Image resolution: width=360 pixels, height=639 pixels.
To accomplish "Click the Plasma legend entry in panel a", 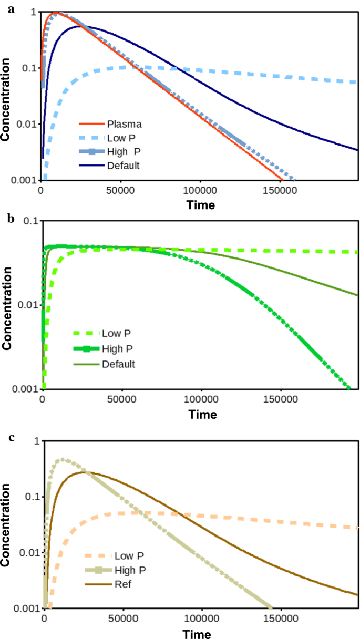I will (x=125, y=125).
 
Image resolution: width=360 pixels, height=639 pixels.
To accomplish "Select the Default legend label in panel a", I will (x=124, y=166).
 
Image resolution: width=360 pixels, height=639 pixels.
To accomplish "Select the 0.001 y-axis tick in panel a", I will (x=26, y=180).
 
